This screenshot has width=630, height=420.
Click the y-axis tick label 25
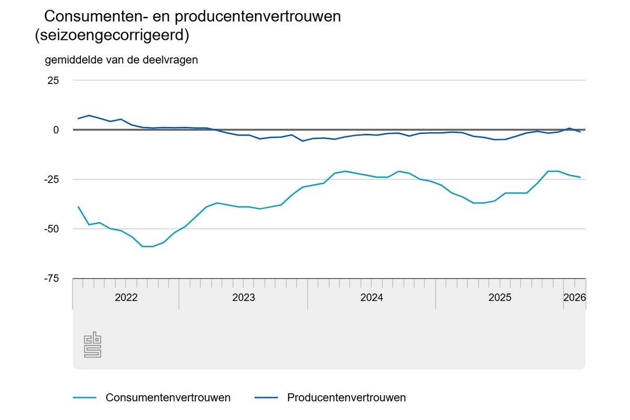tap(52, 80)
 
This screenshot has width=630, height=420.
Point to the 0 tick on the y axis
tap(55, 130)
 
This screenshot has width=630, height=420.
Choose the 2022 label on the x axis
tap(126, 298)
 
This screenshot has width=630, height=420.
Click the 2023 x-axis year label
tap(244, 298)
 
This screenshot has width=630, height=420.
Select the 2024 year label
tap(372, 298)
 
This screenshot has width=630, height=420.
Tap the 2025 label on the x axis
tap(500, 298)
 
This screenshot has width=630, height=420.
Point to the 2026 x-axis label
tap(574, 298)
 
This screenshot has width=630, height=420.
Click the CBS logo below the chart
tap(92, 344)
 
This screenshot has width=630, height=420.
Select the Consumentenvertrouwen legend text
tap(168, 397)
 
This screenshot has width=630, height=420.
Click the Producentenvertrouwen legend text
tap(346, 397)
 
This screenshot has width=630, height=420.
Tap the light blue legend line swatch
tap(85, 397)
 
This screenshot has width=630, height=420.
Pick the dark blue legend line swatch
tap(266, 397)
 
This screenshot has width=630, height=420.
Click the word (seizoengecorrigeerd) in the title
tap(111, 36)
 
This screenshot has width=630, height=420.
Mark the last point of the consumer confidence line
tap(580, 177)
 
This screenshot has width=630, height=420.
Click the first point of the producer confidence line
tap(78, 119)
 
